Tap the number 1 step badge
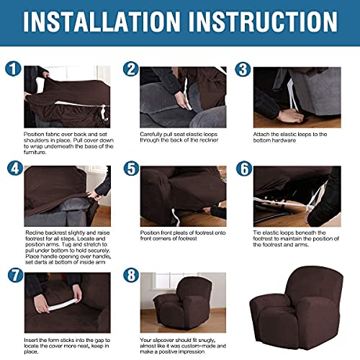13,69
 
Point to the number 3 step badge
243,69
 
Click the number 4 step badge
13,168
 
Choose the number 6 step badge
243,168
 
